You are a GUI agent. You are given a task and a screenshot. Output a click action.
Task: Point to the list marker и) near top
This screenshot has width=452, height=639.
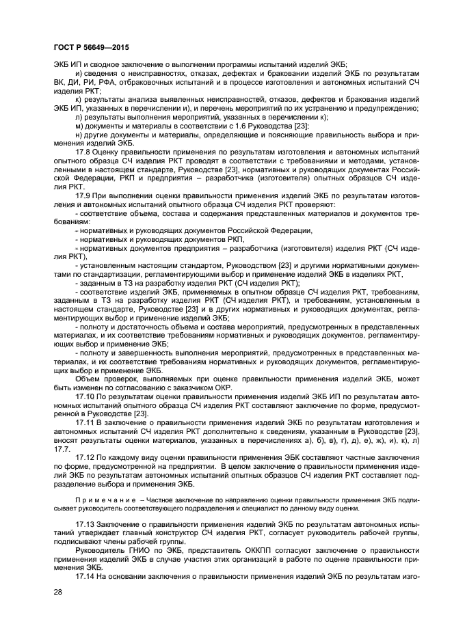[79, 72]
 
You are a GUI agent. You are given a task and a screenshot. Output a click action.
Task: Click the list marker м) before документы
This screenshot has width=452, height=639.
[79, 126]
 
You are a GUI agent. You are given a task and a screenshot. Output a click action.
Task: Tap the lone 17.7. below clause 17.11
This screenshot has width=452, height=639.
[62, 450]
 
